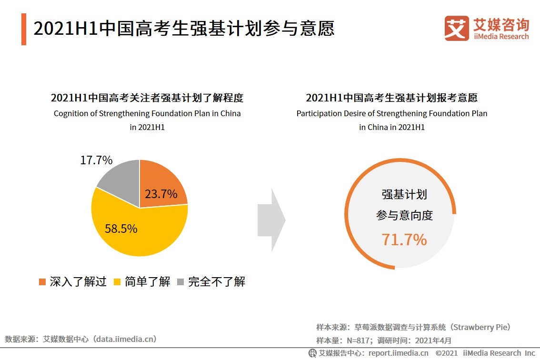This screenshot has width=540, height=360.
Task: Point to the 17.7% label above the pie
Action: click(96, 160)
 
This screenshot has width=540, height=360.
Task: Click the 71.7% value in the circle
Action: click(404, 240)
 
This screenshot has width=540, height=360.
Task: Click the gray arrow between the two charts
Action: click(271, 220)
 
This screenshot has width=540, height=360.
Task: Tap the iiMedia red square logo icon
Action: click(457, 28)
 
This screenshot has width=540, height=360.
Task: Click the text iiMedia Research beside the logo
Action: click(501, 37)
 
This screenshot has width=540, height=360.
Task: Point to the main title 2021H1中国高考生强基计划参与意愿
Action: click(184, 29)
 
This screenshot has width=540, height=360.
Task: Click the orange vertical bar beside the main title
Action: click(24, 29)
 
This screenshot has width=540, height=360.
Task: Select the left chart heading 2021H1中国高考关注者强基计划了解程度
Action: click(147, 98)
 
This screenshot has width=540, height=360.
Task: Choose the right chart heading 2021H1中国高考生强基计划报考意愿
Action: click(391, 98)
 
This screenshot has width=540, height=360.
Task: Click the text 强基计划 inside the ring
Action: click(404, 194)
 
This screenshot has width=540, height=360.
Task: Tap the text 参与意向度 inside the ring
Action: click(404, 215)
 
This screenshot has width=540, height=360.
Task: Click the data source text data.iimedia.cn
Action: click(125, 339)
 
